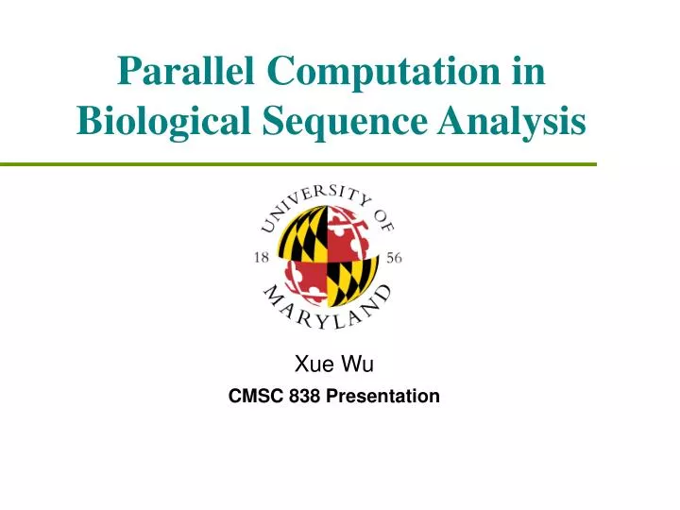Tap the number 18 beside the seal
pyautogui.click(x=263, y=257)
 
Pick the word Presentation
pyautogui.click(x=382, y=396)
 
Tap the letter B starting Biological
pyautogui.click(x=86, y=122)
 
